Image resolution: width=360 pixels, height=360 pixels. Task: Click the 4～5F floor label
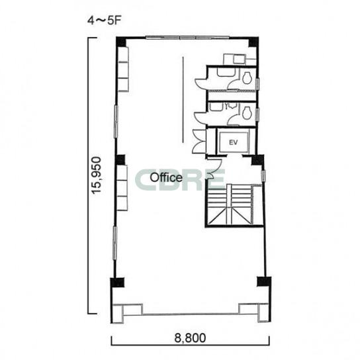pos(104,21)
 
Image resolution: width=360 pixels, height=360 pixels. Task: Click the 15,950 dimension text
pos(96,175)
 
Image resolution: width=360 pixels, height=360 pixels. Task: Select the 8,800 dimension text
pos(190,338)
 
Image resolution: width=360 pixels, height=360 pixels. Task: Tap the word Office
pos(166,177)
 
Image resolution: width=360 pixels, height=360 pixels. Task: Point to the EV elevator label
pos(233,142)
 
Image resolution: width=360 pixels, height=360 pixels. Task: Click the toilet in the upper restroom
pos(247,78)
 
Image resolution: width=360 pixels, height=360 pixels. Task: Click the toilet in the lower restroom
pos(247,113)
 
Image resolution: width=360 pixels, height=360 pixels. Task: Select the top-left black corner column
pos(121,42)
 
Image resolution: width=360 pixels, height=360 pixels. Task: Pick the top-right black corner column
pos(254,42)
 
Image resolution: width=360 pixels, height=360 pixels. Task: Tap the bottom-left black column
pos(117,283)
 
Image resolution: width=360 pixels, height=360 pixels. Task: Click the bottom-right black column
pos(264,281)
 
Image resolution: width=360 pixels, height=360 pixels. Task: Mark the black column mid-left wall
pos(120,159)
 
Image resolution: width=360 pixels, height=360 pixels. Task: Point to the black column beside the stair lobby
pos(257,159)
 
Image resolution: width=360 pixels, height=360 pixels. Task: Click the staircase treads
pos(230,204)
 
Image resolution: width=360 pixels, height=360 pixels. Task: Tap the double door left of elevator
pos(199,142)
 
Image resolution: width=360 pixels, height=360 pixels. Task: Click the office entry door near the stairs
pos(214,167)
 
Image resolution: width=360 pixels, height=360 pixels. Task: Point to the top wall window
pos(187,38)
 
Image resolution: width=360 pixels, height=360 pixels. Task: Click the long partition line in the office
pos(183,100)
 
